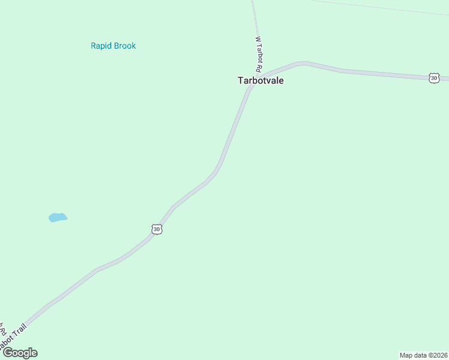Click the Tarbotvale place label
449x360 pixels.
point(261,80)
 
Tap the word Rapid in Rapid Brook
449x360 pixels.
point(101,46)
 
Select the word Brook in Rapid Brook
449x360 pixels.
point(125,46)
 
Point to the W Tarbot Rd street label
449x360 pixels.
point(261,55)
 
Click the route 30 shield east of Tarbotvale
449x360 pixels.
point(434,79)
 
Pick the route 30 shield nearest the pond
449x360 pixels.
point(157,229)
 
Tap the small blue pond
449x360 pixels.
point(57,217)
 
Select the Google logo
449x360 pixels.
point(19,353)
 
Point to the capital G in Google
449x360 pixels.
point(7,353)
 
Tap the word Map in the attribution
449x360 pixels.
point(406,355)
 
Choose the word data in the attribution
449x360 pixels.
point(420,355)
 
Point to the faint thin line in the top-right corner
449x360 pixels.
point(384,7)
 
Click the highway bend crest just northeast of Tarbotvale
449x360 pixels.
point(302,62)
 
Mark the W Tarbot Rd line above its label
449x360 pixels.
point(255,18)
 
